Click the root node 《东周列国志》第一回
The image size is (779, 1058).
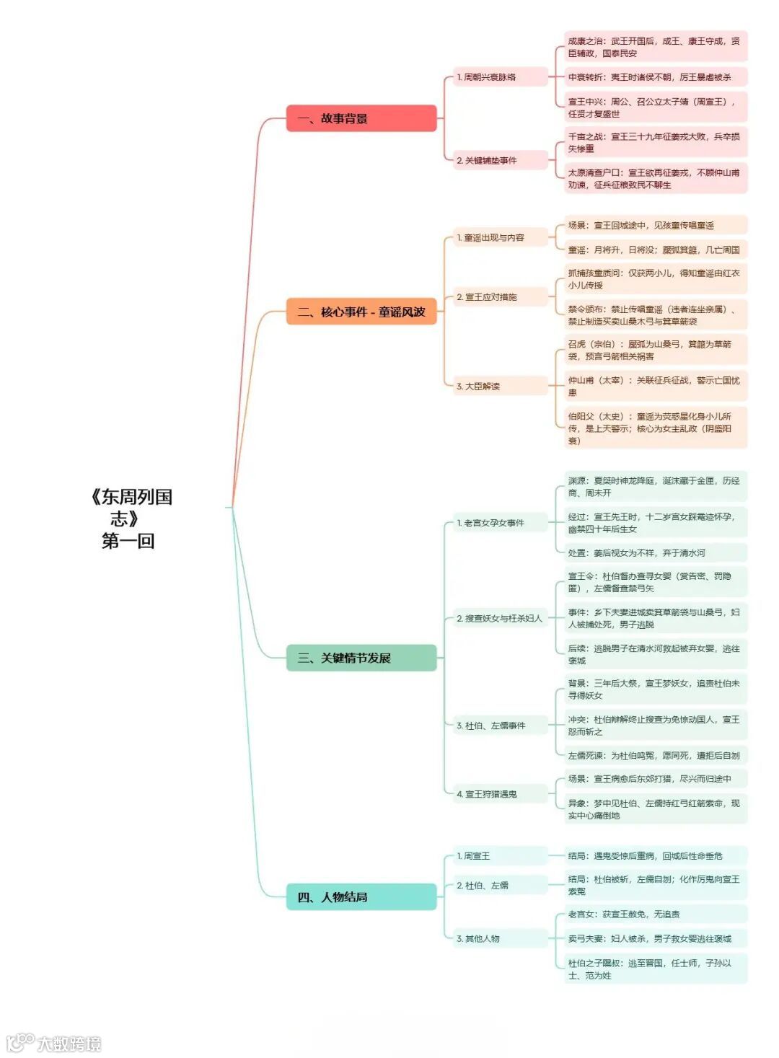pos(130,519)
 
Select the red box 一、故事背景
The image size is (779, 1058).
pos(361,118)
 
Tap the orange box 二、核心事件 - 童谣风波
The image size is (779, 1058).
pos(361,312)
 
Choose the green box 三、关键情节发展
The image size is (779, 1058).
pos(361,658)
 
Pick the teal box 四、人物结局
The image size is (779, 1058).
pos(361,897)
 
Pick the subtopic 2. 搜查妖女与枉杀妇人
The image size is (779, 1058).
pos(500,619)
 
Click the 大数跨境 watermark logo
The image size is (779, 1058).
pos(54,1043)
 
